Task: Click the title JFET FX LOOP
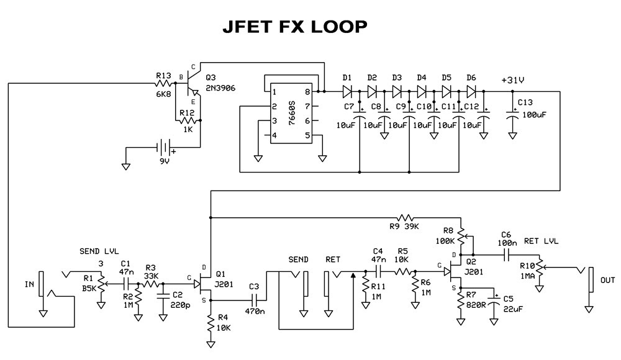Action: point(294,27)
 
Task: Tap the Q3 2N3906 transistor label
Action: point(220,83)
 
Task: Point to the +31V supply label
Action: point(513,79)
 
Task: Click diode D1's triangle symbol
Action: point(347,91)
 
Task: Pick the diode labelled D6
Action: point(471,91)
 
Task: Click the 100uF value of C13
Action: point(534,115)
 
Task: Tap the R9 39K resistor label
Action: point(404,227)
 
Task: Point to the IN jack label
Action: point(29,285)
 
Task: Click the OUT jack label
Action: point(608,281)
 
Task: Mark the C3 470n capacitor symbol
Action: point(253,299)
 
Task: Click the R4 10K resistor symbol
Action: point(211,322)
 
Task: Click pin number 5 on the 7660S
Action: point(307,135)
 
